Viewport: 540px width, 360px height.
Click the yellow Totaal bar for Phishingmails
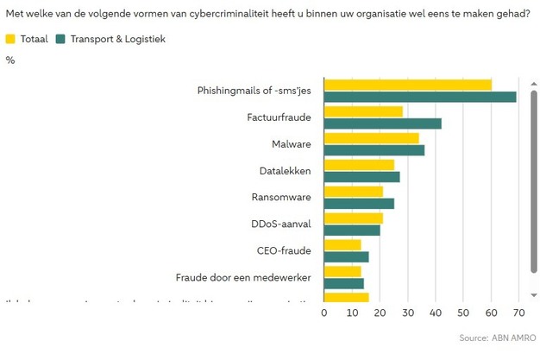tap(407, 85)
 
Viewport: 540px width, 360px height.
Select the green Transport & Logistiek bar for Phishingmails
tap(419, 97)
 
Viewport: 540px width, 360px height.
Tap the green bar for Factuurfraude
tap(382, 123)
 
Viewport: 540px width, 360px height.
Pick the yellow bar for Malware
tap(371, 138)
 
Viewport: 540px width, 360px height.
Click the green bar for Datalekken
tap(361, 177)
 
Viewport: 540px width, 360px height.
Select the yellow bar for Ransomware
tap(353, 192)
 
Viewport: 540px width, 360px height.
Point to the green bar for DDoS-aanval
tap(351, 231)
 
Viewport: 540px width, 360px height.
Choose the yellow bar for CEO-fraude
tap(342, 245)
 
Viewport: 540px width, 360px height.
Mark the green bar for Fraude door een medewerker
tap(343, 283)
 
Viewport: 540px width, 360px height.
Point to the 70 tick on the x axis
tap(518, 313)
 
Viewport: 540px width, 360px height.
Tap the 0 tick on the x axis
tap(324, 313)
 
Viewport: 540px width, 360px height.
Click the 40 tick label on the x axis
tap(435, 313)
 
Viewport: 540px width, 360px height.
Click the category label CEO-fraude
tap(284, 250)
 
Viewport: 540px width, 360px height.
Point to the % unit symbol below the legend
tap(10, 60)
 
